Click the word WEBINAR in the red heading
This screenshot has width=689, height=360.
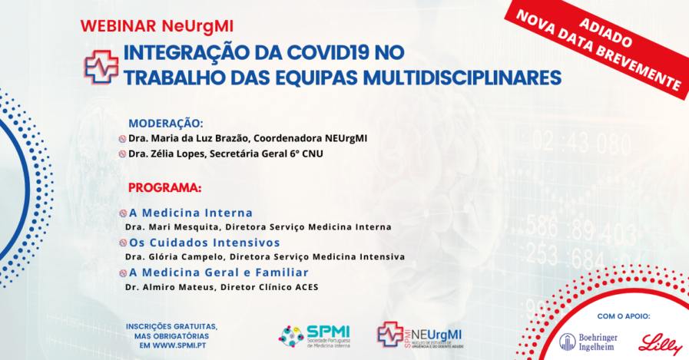tap(119, 26)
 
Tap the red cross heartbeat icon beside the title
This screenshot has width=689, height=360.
tap(101, 67)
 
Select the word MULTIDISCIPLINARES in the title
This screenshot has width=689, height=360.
tap(462, 78)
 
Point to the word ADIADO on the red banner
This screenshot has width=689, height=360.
tap(606, 33)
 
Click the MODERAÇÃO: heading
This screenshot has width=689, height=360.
tap(166, 124)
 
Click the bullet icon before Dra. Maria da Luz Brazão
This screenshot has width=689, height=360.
tap(123, 139)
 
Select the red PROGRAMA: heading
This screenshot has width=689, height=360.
tap(165, 187)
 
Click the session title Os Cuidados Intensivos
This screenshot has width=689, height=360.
tap(204, 243)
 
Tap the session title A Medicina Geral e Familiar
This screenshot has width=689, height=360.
tap(219, 272)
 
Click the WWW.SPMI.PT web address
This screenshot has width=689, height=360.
tap(179, 345)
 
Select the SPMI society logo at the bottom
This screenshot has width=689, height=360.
tap(314, 336)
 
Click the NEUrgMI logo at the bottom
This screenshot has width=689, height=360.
tap(420, 335)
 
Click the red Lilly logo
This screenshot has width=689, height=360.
tap(660, 344)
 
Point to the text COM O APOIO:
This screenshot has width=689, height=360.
tap(623, 316)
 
